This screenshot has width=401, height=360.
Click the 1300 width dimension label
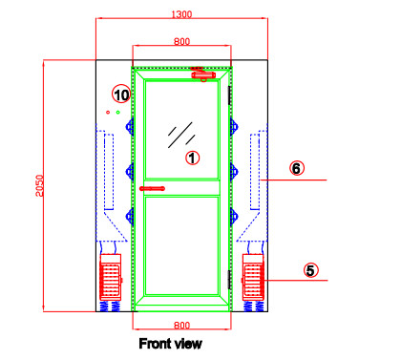click(181, 14)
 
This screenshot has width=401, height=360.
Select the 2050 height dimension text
click(39, 186)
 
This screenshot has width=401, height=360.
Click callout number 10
click(121, 94)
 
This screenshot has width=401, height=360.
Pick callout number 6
click(297, 169)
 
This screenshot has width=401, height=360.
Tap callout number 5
click(310, 270)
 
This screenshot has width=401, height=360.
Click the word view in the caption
click(189, 343)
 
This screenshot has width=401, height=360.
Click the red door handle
click(152, 189)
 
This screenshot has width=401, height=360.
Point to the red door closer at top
click(201, 72)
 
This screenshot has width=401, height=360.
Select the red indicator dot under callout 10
click(108, 113)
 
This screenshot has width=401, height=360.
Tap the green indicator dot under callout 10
click(118, 113)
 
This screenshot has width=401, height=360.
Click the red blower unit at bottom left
click(111, 280)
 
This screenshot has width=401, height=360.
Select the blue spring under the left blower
click(111, 307)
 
